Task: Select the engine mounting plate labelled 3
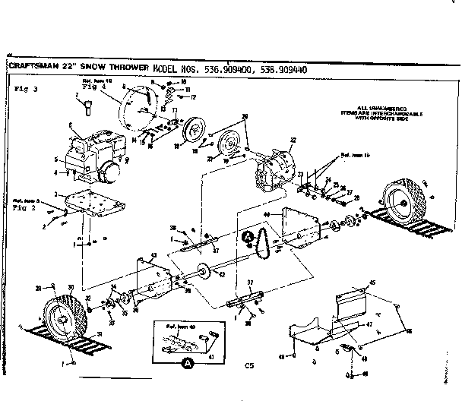click(96, 210)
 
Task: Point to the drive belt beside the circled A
click(265, 242)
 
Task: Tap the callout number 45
click(372, 283)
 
